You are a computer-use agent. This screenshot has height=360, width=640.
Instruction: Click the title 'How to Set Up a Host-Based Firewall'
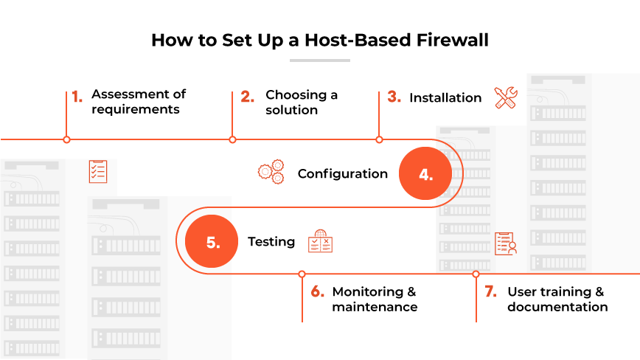tap(319, 40)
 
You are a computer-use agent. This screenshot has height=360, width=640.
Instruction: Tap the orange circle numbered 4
tap(425, 174)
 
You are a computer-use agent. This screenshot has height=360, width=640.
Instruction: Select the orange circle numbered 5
tap(212, 242)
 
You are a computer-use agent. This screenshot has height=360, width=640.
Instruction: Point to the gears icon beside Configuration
tap(271, 173)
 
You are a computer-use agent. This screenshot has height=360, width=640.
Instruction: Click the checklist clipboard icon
tap(97, 171)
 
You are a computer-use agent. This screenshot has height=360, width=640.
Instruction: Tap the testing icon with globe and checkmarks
tap(320, 241)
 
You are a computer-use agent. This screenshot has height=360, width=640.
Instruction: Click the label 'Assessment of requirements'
tap(139, 102)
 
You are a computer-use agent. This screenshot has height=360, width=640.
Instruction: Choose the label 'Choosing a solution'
tap(302, 102)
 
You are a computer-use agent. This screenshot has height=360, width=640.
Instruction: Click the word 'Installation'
tap(445, 97)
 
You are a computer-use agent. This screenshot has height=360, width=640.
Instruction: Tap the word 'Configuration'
tap(342, 174)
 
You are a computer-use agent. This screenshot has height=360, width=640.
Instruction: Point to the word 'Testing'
tap(271, 242)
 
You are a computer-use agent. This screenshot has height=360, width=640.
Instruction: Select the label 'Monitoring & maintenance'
tap(375, 300)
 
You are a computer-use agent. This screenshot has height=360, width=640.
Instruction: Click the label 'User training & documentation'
tap(557, 300)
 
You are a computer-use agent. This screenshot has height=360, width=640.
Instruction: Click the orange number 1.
tap(77, 96)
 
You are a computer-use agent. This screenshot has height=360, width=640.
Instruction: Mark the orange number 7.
tap(490, 292)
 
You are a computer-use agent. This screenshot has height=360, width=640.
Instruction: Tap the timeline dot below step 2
tap(232, 139)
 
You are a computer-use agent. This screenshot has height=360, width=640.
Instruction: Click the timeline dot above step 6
tap(302, 274)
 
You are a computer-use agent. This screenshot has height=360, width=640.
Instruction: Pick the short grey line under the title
tap(319, 60)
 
